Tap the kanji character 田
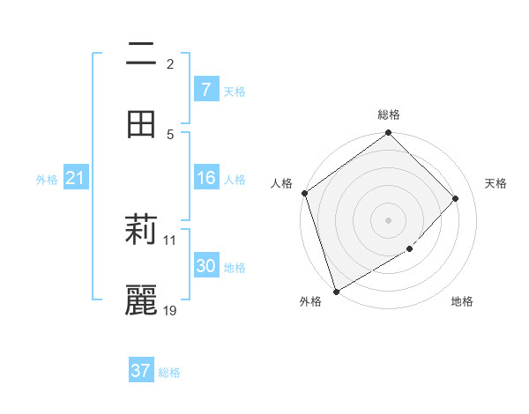click(x=141, y=124)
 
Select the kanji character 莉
click(x=141, y=231)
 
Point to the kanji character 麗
click(x=141, y=300)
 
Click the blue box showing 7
click(x=205, y=89)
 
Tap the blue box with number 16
click(x=205, y=178)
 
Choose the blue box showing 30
click(x=205, y=266)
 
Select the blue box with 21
click(x=75, y=178)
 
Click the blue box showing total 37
click(x=141, y=371)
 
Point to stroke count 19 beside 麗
click(x=170, y=310)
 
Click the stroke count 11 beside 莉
click(x=170, y=240)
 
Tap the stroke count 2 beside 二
click(x=170, y=63)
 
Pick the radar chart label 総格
click(x=389, y=115)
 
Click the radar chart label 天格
click(x=496, y=183)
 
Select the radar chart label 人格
click(x=282, y=183)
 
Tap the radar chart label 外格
click(x=309, y=302)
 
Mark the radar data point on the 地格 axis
click(x=410, y=249)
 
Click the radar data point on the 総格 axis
click(x=389, y=134)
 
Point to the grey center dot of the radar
click(x=389, y=219)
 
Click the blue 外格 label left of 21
click(x=47, y=180)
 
